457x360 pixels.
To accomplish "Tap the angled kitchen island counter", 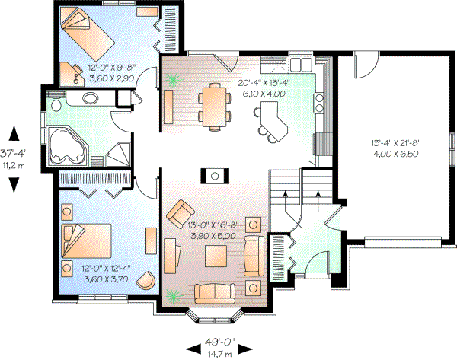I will tap(272, 120).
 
